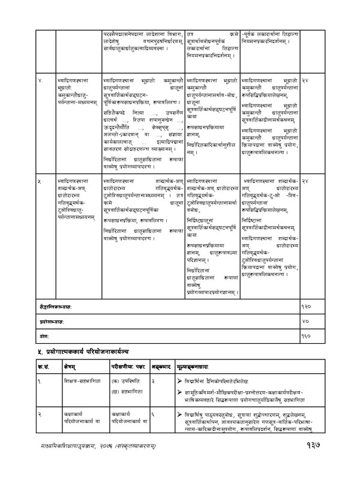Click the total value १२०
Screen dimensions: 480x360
[x=305, y=308]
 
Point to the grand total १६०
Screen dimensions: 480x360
[x=305, y=334]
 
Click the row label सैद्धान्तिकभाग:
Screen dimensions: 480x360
[x=53, y=308]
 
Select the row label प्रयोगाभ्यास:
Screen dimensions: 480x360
[x=49, y=321]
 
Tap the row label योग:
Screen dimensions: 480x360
[x=40, y=334]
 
